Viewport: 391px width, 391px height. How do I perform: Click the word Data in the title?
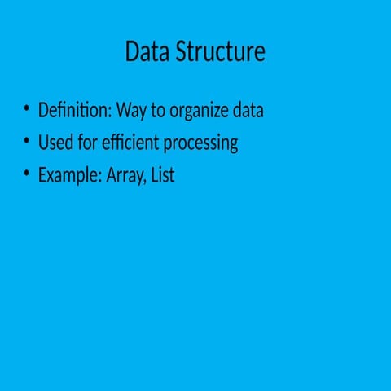click(x=147, y=51)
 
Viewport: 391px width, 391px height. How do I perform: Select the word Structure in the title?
click(x=221, y=51)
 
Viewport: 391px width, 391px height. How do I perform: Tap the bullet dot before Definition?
click(x=26, y=108)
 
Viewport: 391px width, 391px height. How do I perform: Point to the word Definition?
click(x=73, y=110)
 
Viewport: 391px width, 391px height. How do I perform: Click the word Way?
click(x=131, y=111)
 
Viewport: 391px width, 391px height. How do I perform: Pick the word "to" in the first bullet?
click(x=158, y=111)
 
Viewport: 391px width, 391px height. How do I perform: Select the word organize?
click(x=199, y=111)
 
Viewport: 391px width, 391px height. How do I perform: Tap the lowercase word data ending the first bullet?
click(x=248, y=110)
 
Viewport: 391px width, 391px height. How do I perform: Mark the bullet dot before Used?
click(x=26, y=141)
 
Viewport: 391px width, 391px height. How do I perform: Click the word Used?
click(x=55, y=143)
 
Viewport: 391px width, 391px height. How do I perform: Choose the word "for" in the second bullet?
click(x=88, y=143)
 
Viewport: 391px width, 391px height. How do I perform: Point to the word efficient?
click(x=130, y=143)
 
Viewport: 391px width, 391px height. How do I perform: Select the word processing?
click(x=200, y=143)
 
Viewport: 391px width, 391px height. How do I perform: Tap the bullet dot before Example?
click(x=26, y=173)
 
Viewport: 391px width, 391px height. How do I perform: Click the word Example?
click(x=68, y=175)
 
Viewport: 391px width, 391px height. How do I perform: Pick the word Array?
click(x=124, y=176)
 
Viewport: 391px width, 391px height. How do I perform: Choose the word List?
click(x=163, y=174)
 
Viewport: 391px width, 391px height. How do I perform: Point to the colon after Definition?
click(x=110, y=112)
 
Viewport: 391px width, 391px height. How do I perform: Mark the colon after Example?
click(x=100, y=178)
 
